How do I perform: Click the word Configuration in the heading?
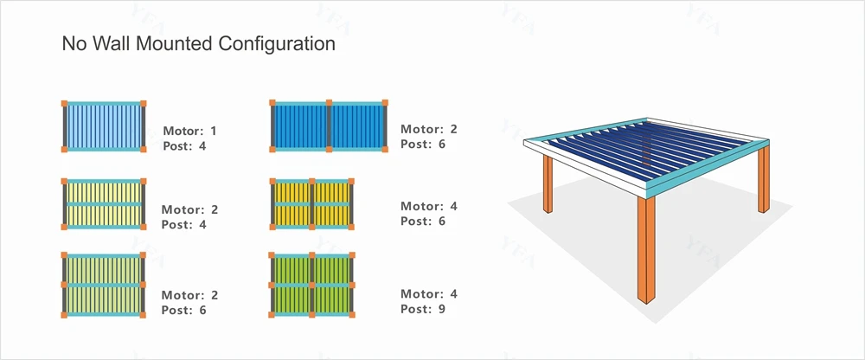point(277,43)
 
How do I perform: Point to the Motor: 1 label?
point(189,131)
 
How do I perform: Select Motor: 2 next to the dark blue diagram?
point(428,129)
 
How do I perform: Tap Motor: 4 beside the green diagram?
point(428,294)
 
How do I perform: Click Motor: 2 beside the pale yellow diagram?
point(189,209)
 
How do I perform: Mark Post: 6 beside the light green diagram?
point(184,310)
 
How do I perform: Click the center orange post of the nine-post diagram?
point(312,284)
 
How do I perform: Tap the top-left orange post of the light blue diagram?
point(64,104)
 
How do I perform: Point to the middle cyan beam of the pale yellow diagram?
point(103,203)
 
